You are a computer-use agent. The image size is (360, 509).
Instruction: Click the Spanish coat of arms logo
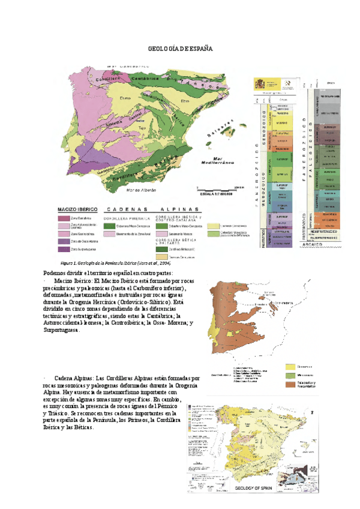[x=260, y=83]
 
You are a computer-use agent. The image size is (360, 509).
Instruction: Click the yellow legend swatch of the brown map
[x=292, y=365]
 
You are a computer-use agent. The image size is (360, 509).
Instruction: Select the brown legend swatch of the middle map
[x=292, y=383]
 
